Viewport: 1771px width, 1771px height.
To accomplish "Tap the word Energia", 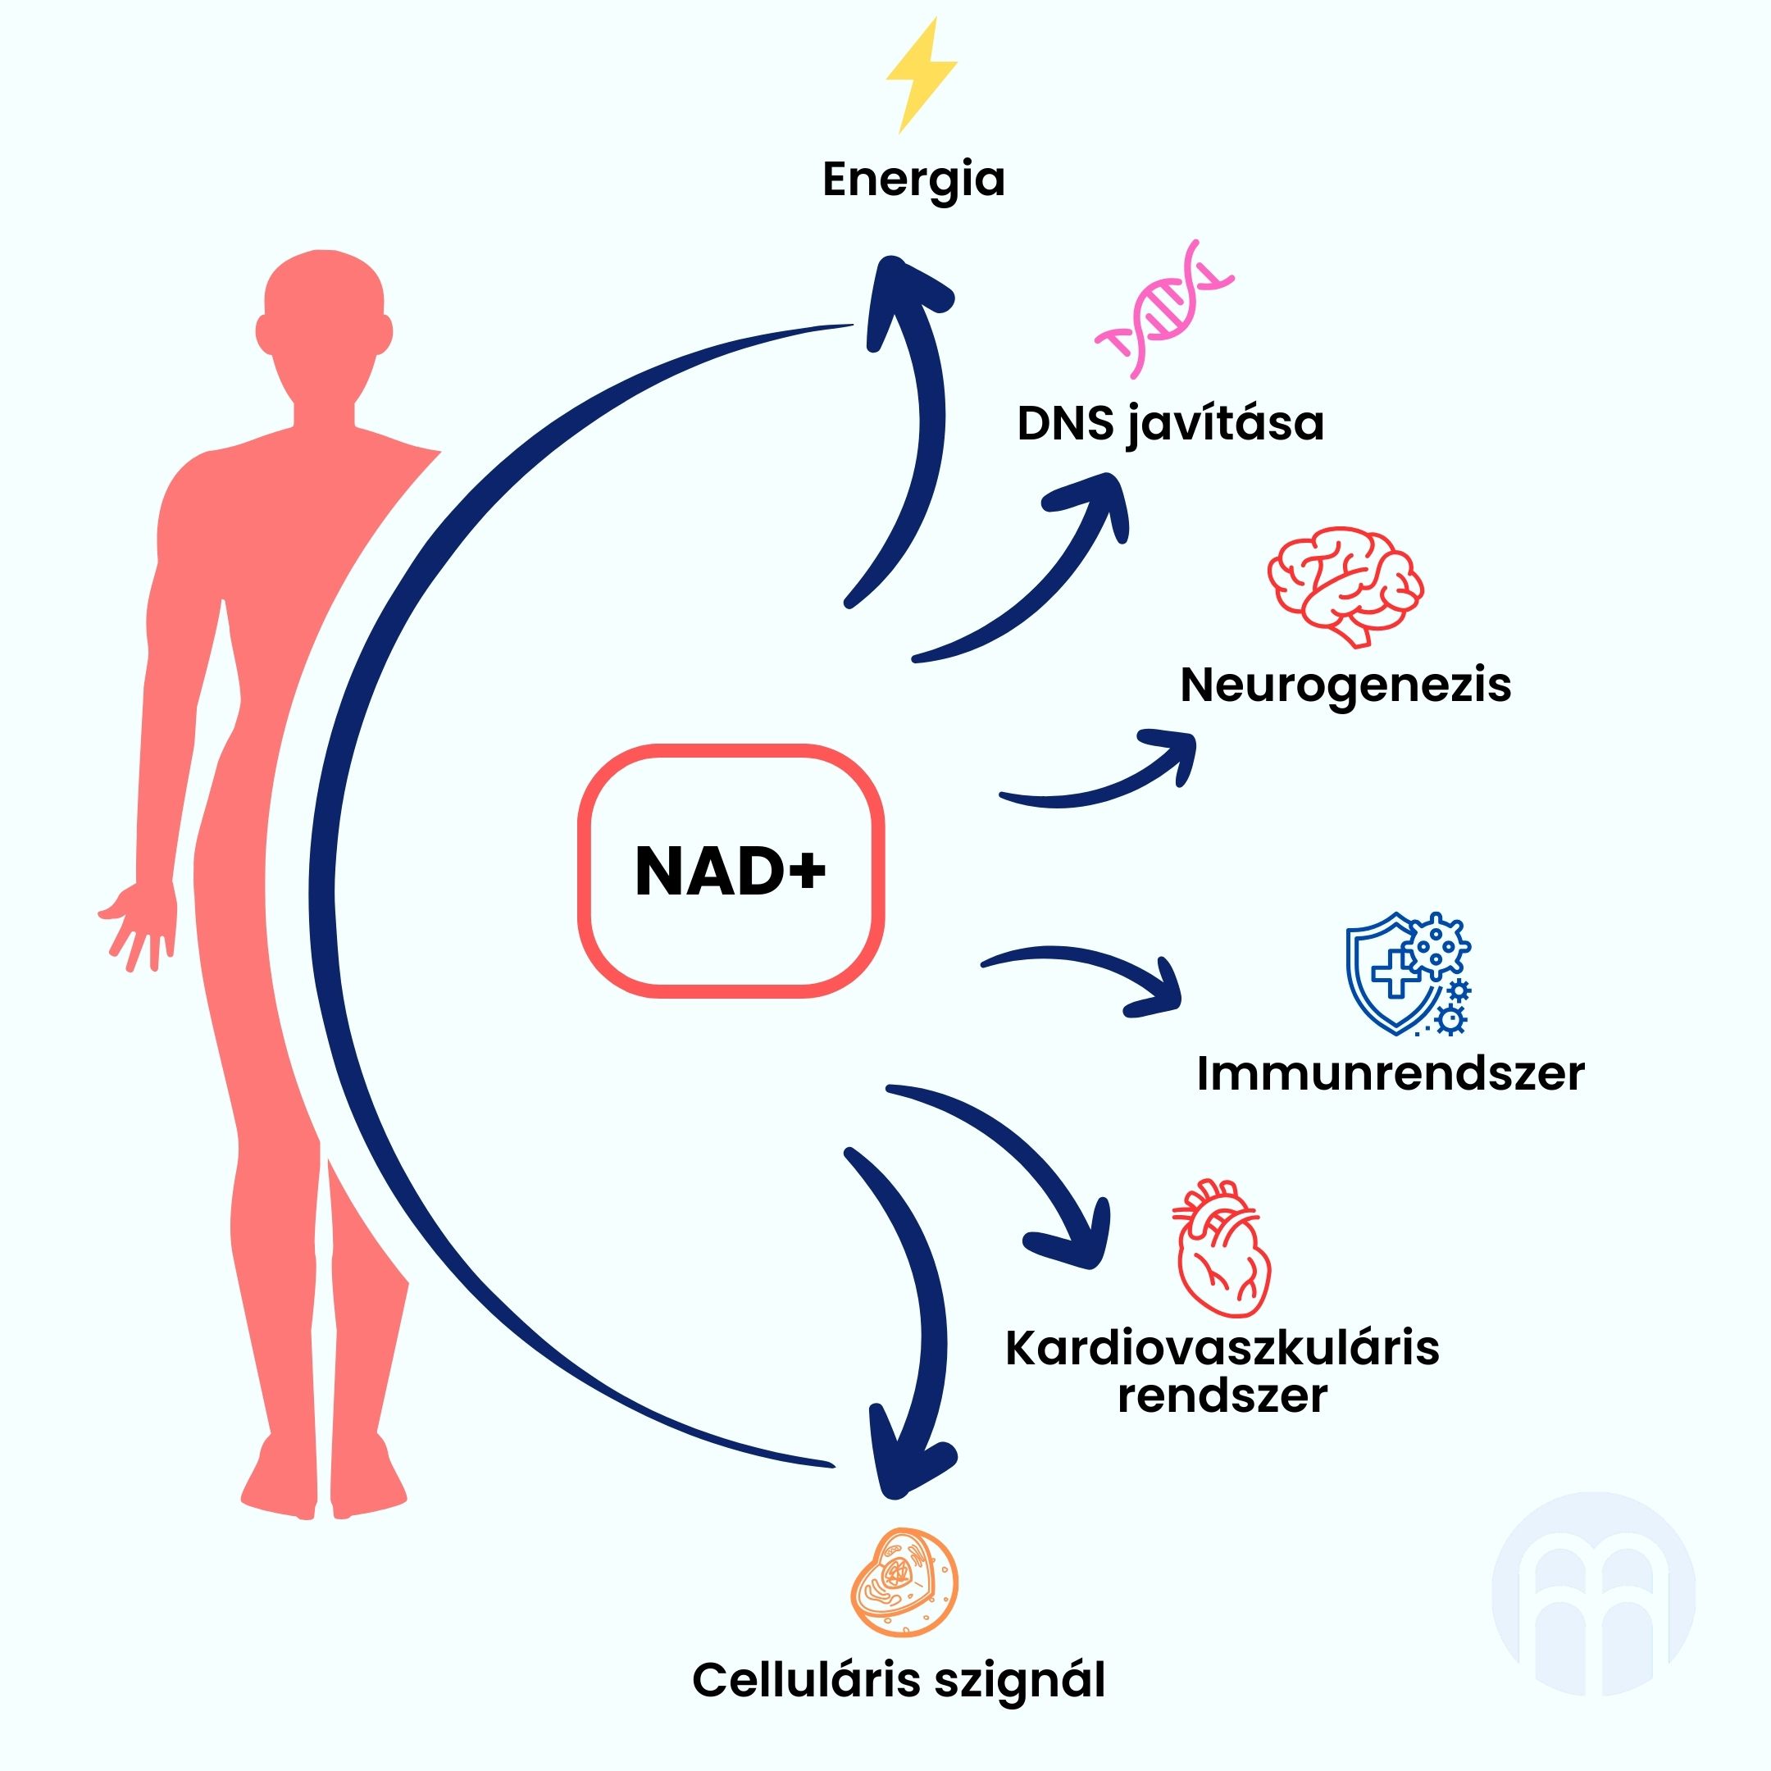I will coord(913,180).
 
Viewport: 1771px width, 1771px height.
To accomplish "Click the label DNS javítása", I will coord(1170,425).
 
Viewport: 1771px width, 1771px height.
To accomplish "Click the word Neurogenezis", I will coord(1345,685).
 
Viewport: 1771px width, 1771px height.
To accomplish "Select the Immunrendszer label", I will coord(1390,1073).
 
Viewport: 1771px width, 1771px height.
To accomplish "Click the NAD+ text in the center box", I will coord(730,871).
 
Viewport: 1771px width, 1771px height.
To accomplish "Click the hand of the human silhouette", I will coord(138,926).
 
